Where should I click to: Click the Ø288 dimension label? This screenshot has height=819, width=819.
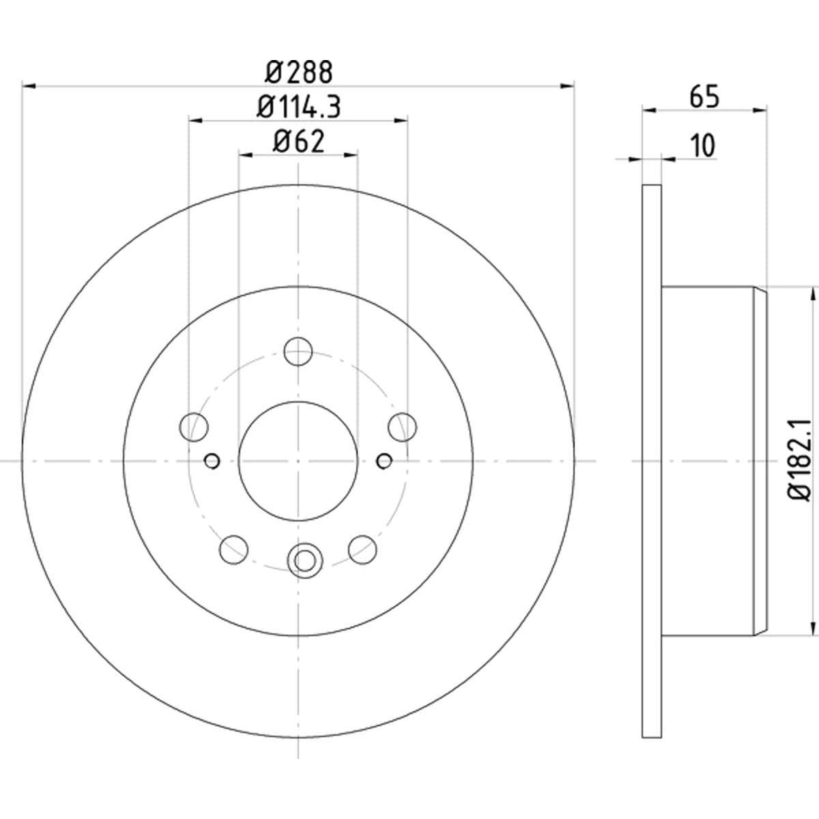point(298,72)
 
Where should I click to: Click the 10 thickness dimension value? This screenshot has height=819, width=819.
point(704,146)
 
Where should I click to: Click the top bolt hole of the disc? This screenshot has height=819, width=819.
point(298,351)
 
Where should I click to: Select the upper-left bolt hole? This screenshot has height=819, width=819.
point(194,427)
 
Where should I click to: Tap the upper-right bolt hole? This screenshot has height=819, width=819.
point(403,427)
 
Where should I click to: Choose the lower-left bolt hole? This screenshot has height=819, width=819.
point(234,549)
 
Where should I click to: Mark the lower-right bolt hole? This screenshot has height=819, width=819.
point(362,549)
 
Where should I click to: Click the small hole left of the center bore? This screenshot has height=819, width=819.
point(212,461)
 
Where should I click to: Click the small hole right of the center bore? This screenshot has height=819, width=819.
point(384,461)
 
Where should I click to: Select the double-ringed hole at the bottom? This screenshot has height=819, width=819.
point(305,560)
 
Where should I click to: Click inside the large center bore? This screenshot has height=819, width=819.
point(298,461)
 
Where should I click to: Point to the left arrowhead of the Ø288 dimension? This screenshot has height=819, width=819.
point(29,86)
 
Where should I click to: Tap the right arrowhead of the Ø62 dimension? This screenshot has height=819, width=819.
point(351,155)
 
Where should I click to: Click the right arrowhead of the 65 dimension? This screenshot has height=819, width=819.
point(760,111)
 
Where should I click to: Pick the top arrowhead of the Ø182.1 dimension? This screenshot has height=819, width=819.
point(814,294)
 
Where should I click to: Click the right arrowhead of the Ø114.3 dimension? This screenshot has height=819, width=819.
point(401,121)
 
